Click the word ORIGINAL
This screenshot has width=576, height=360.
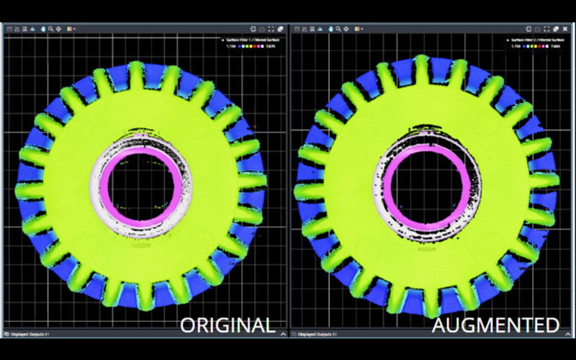click(x=228, y=325)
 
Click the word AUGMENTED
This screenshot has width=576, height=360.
click(x=495, y=325)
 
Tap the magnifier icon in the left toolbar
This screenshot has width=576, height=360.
click(x=50, y=29)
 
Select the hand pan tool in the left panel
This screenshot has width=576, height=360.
click(x=42, y=29)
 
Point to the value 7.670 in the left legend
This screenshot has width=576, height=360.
click(x=274, y=47)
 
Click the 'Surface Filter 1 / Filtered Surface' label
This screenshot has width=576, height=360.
click(x=253, y=40)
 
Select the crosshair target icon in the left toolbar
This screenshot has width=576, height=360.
click(x=59, y=29)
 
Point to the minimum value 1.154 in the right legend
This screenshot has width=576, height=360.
click(x=516, y=47)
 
